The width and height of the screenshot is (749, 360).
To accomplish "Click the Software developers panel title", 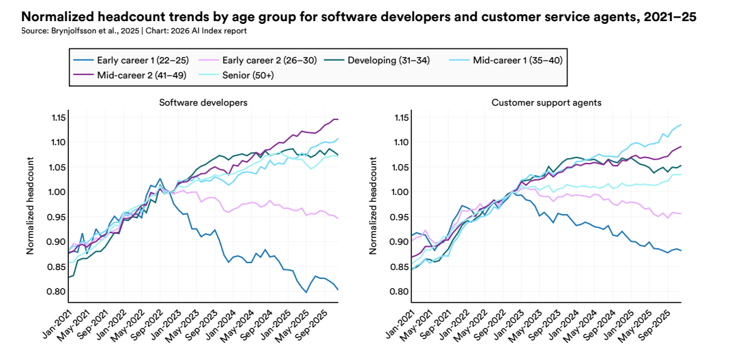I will pos(203,102).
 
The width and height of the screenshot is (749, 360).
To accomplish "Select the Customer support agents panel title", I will pos(546,102).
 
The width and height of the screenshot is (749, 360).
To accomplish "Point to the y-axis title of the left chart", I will pos(30,205).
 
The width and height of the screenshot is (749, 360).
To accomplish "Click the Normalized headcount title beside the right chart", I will pos(374,205).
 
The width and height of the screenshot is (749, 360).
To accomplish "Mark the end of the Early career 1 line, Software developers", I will pos(338,290).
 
